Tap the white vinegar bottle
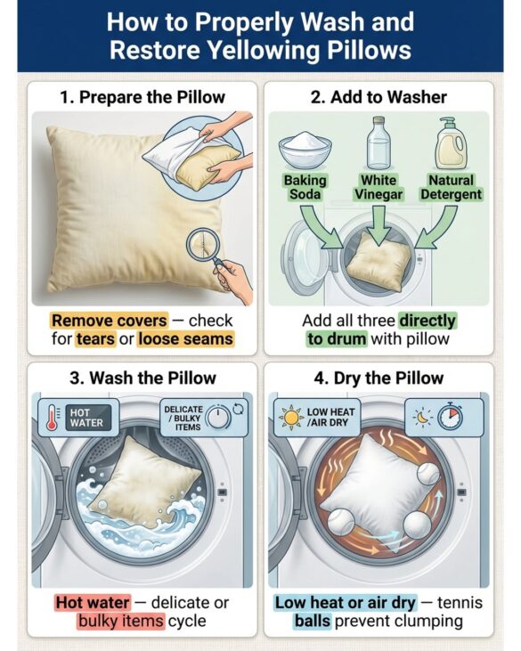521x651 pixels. pyautogui.click(x=379, y=143)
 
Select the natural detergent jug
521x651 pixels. pyautogui.click(x=451, y=143)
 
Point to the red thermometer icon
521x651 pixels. pyautogui.click(x=52, y=418)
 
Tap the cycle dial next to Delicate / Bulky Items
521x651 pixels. pyautogui.click(x=218, y=417)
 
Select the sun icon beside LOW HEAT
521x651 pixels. pyautogui.click(x=291, y=418)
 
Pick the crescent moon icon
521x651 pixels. pyautogui.click(x=423, y=417)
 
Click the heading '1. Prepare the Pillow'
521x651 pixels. pyautogui.click(x=142, y=97)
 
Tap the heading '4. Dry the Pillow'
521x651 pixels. pyautogui.click(x=379, y=378)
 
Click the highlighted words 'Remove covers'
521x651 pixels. pyautogui.click(x=110, y=321)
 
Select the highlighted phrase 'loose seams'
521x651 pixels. pyautogui.click(x=185, y=338)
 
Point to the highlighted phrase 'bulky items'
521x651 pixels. pyautogui.click(x=121, y=621)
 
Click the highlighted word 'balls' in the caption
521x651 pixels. pyautogui.click(x=313, y=621)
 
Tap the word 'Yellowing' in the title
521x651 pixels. pyautogui.click(x=264, y=50)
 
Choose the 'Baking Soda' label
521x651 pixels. pyautogui.click(x=305, y=187)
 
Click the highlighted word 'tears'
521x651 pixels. pyautogui.click(x=95, y=338)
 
